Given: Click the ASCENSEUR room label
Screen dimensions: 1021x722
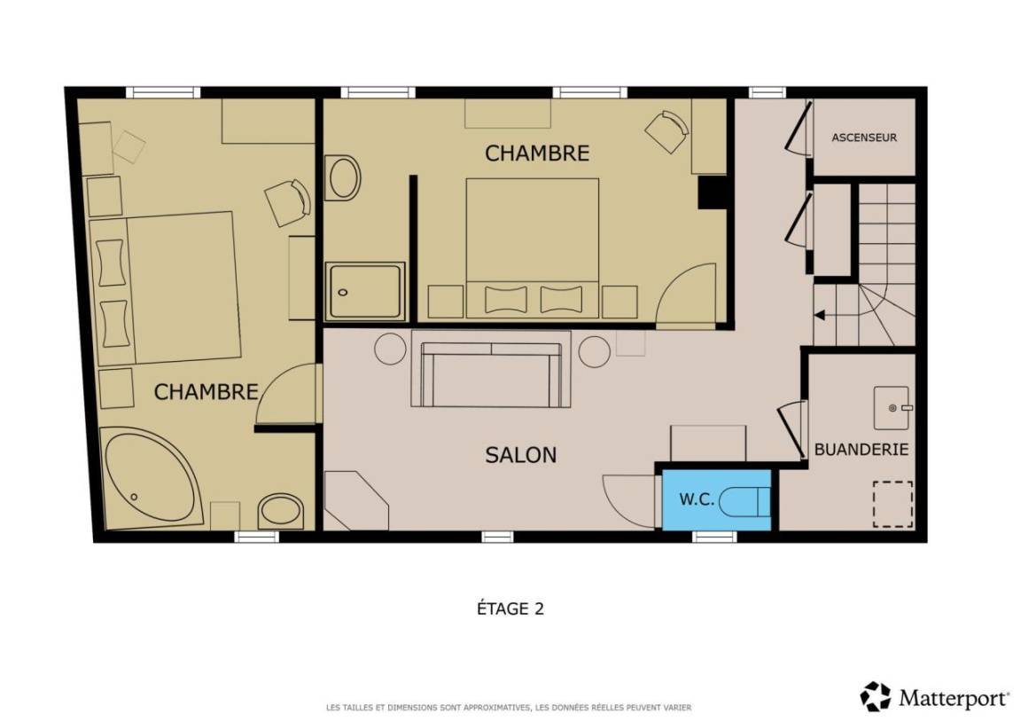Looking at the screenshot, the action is click(864, 137).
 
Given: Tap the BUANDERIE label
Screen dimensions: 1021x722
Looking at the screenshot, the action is click(861, 449).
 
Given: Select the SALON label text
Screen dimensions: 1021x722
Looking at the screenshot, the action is click(521, 455).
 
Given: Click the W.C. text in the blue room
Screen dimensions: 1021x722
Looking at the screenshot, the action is click(697, 499).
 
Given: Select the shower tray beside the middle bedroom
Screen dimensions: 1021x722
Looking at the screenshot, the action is click(365, 291).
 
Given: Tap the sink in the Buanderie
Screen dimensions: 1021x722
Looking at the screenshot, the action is click(892, 408).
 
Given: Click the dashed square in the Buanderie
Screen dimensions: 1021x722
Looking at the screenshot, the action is click(892, 505).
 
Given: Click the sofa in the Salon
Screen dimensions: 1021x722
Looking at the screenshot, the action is click(491, 370).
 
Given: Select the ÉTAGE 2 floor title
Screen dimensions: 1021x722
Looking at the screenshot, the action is click(510, 608).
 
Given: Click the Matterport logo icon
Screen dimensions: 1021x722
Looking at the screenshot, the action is click(876, 697).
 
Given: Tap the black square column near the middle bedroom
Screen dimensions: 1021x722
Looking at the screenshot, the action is click(712, 192).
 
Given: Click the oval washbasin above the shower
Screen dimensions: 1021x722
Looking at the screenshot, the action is click(343, 177).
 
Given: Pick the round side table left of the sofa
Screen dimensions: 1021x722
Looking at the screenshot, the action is click(390, 349).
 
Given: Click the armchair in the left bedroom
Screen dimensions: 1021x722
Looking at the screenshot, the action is click(287, 202).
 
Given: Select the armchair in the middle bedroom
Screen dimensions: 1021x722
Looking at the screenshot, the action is click(666, 131).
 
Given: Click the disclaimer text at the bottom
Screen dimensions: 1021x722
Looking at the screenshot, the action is click(509, 708).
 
